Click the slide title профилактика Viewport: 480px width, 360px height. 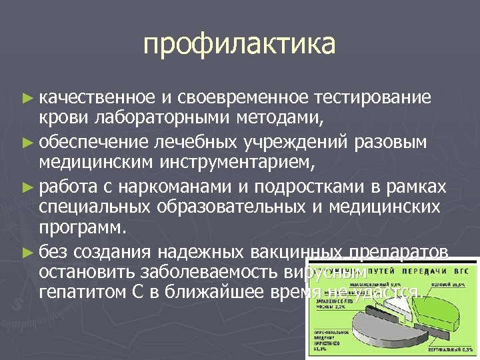coord(239,45)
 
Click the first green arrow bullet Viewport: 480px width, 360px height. coord(27,99)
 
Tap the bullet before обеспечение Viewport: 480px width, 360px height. coord(27,142)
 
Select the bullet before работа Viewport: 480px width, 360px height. coord(27,185)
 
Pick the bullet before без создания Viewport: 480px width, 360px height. coord(27,252)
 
